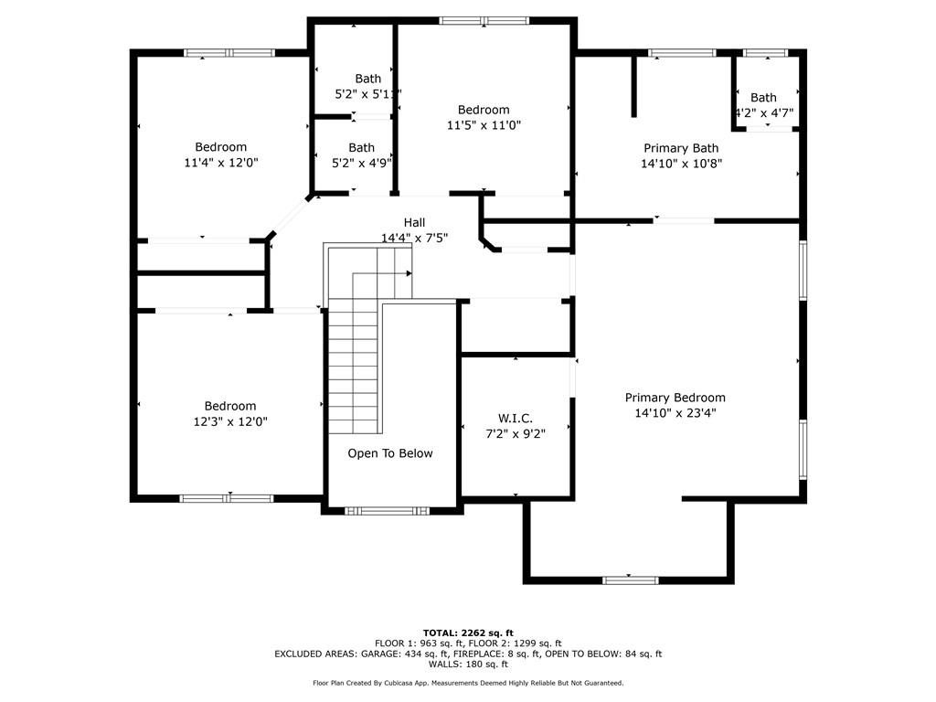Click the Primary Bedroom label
click(675, 398)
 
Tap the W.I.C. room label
click(516, 419)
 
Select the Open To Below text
click(390, 453)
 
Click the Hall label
click(414, 222)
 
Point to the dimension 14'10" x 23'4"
click(675, 413)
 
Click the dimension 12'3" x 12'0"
click(230, 421)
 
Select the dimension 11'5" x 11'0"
click(484, 125)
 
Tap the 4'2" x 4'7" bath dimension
click(764, 113)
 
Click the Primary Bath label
click(681, 148)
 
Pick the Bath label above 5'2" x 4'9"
click(361, 147)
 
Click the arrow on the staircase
click(408, 272)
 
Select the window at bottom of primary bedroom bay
click(630, 580)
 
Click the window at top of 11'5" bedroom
click(484, 21)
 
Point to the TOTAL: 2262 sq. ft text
click(468, 633)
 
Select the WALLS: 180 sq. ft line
click(468, 665)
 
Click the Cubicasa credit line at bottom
click(468, 683)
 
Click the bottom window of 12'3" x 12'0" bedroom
click(227, 498)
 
